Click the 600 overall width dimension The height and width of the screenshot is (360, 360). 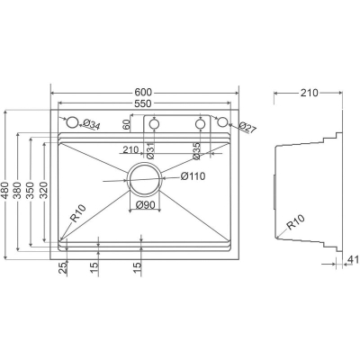(x=143, y=93)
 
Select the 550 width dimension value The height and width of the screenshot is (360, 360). (x=142, y=103)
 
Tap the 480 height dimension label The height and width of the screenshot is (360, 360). (x=5, y=191)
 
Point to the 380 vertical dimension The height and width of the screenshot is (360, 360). (x=18, y=191)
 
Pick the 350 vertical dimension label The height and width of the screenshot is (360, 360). (x=30, y=191)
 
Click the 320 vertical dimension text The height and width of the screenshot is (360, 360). (x=43, y=191)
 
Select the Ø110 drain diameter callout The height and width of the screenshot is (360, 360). (x=193, y=176)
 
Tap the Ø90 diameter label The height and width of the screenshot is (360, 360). (x=145, y=205)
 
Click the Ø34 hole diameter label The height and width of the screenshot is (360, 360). (x=91, y=124)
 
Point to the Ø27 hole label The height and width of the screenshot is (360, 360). (x=248, y=128)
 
